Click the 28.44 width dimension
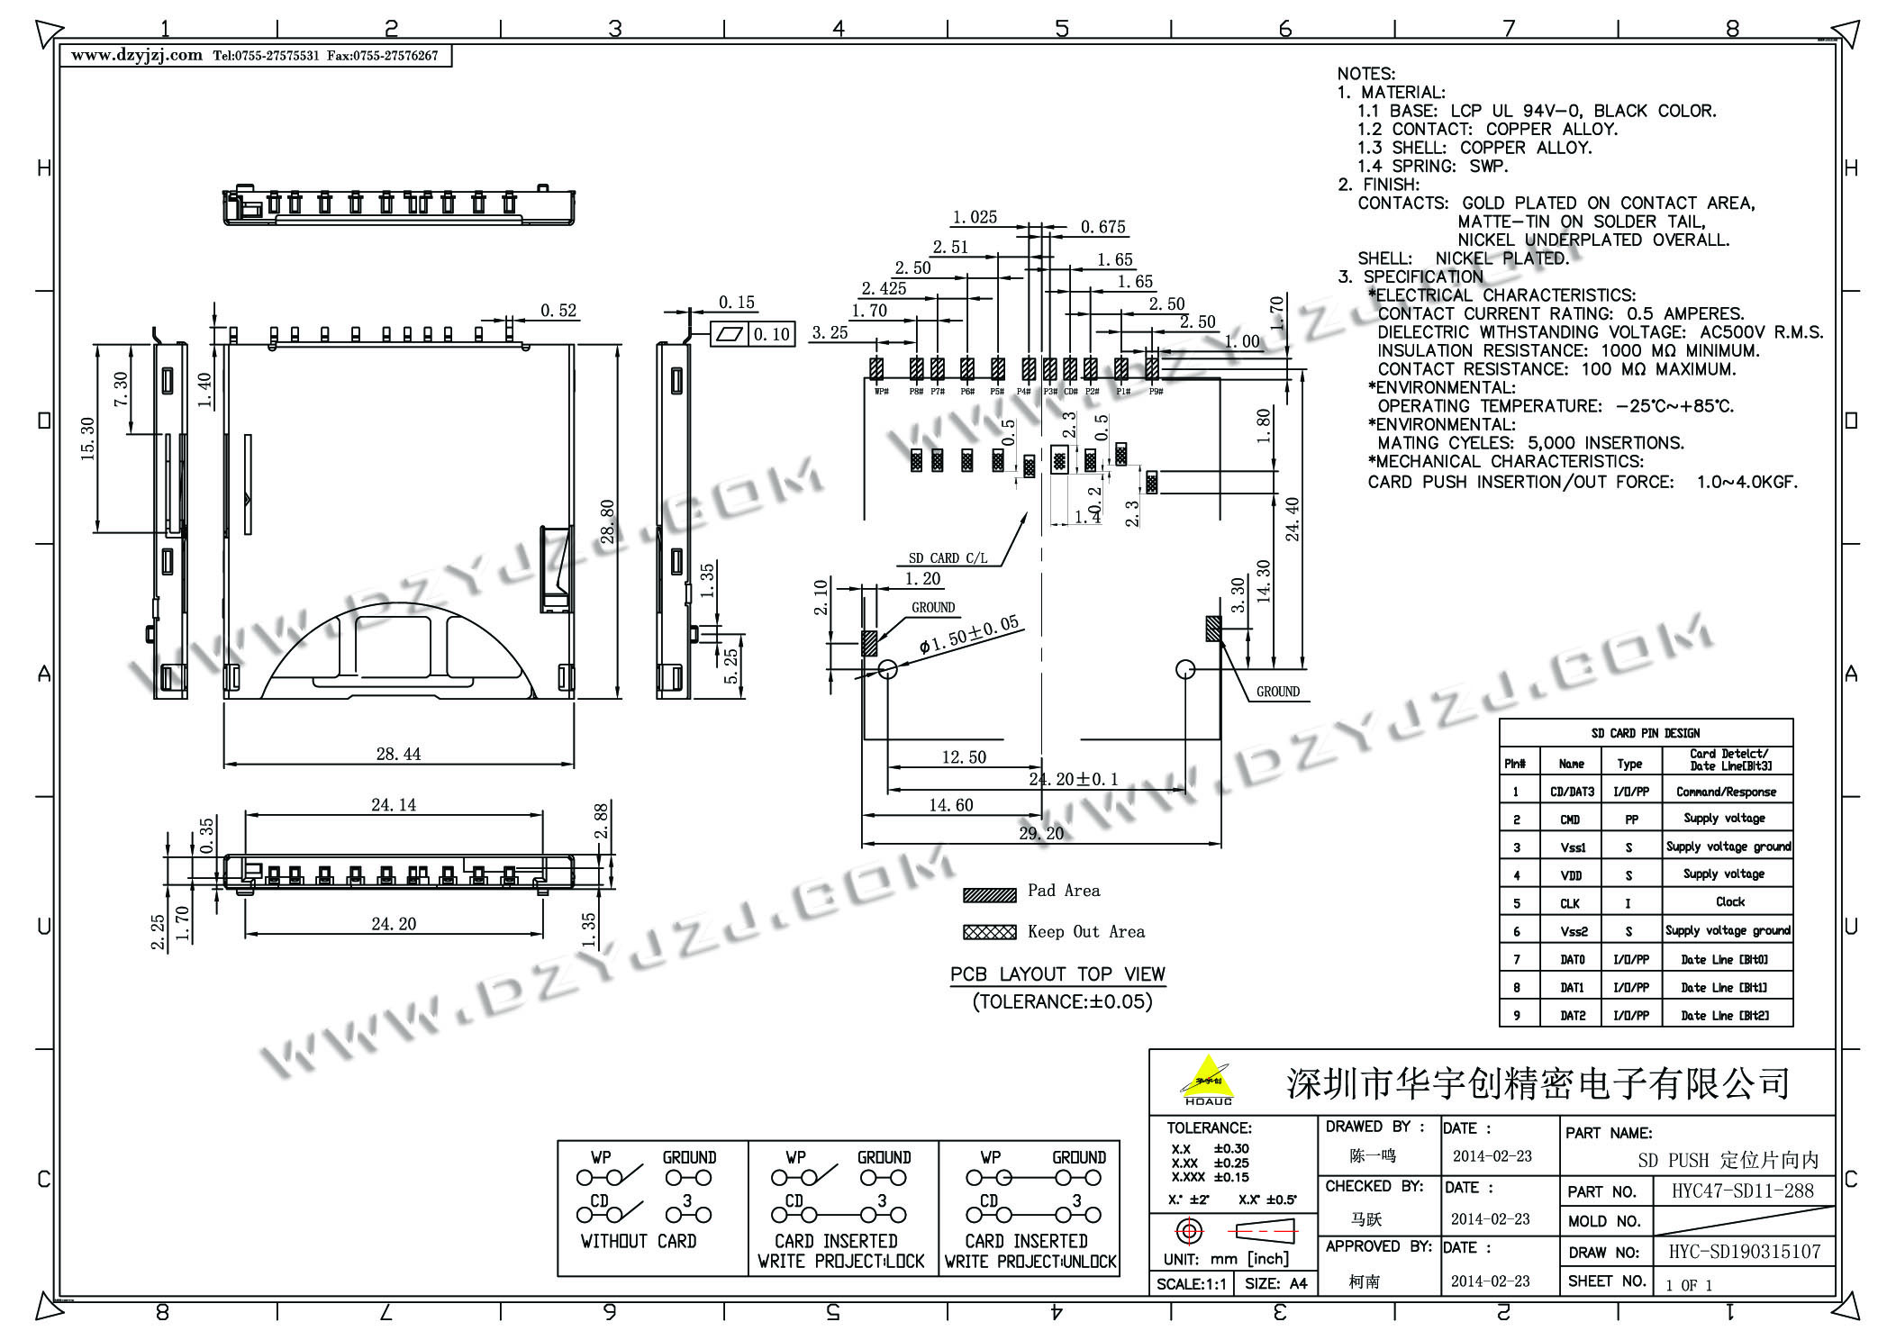tap(398, 754)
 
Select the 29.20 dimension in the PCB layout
tap(1040, 833)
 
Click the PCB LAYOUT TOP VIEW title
tap(1057, 974)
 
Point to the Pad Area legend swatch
tap(989, 894)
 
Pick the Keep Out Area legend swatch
tap(989, 932)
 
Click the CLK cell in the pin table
tap(1570, 903)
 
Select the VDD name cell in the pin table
tap(1571, 875)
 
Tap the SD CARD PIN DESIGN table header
tap(1645, 733)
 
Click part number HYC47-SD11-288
tap(1743, 1191)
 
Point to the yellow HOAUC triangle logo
tap(1207, 1079)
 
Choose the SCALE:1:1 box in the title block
tap(1191, 1284)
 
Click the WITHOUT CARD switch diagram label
tap(639, 1241)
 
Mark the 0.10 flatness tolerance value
tap(772, 335)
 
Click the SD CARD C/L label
tap(948, 558)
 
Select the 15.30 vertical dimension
tap(88, 439)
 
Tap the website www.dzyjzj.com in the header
tap(137, 55)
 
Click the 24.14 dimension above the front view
tap(394, 804)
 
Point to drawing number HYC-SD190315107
tap(1745, 1252)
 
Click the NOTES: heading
tap(1365, 74)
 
